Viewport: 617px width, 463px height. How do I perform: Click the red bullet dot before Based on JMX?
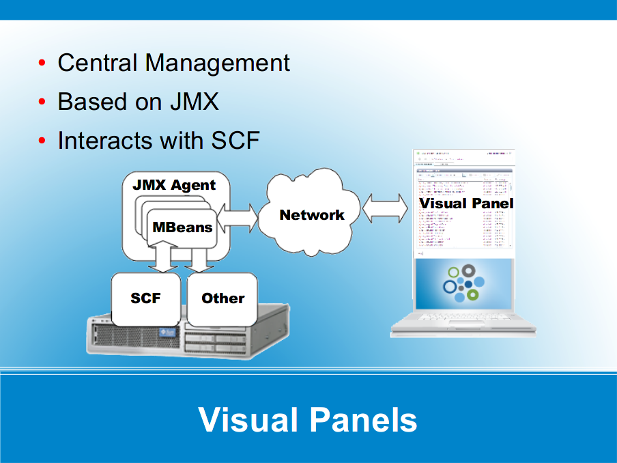pos(42,102)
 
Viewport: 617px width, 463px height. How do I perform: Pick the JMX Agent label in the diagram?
pos(174,185)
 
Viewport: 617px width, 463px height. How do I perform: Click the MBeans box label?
pos(182,227)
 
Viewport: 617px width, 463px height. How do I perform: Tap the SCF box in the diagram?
pos(145,298)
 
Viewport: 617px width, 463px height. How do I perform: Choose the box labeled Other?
pos(223,298)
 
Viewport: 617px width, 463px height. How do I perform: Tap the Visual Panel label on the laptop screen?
pos(465,204)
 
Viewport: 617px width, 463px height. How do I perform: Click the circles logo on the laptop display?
pos(463,282)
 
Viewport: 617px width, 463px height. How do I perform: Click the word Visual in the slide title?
pos(245,419)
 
